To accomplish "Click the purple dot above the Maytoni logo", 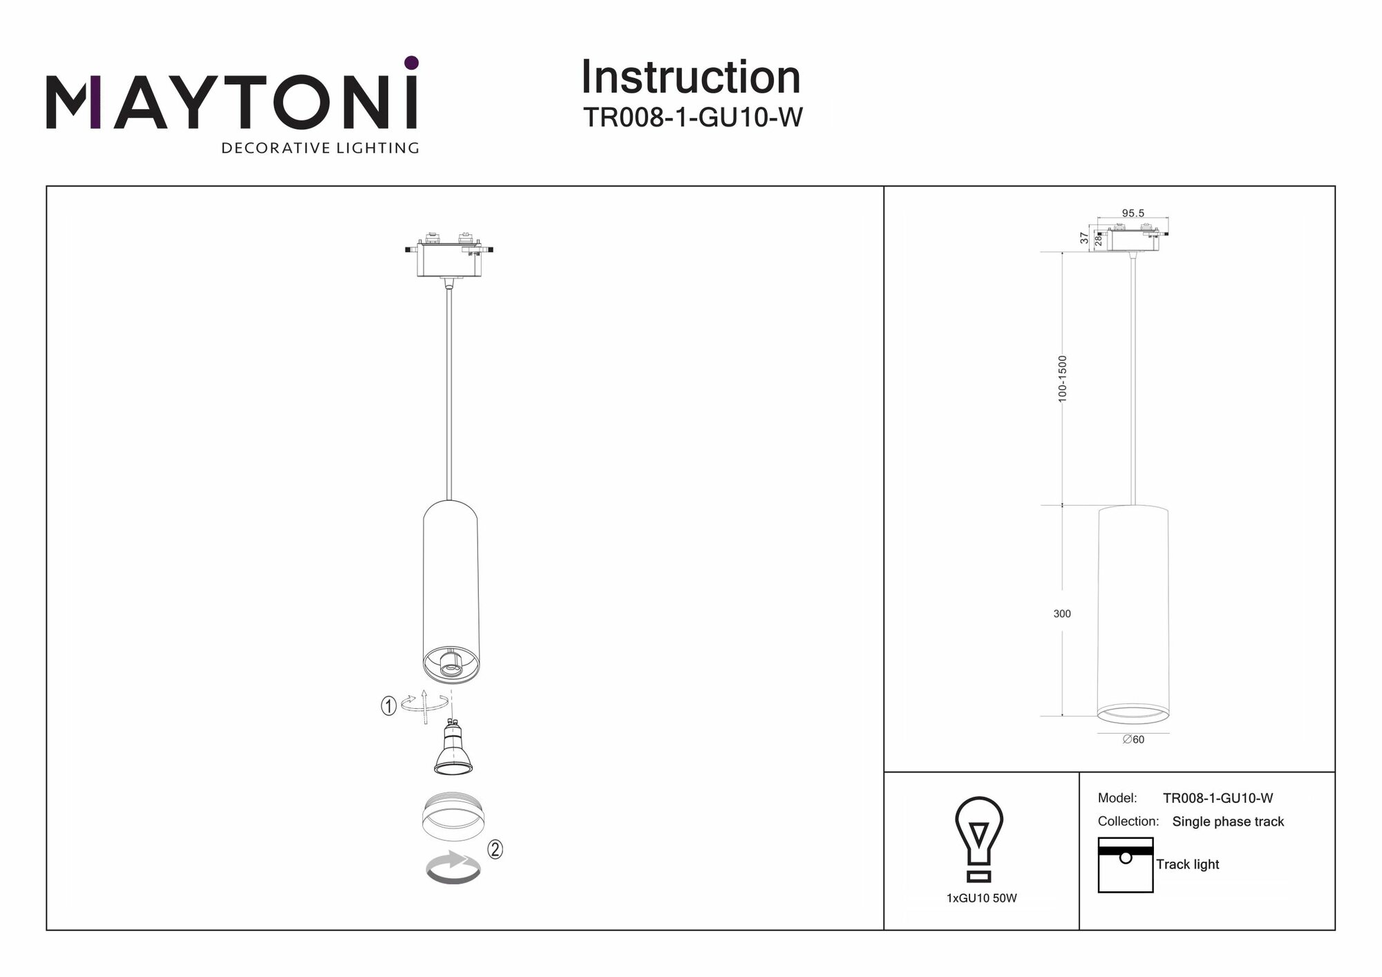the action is coord(411,63).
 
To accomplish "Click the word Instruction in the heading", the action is coord(690,77).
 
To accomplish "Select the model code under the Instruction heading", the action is coord(692,117).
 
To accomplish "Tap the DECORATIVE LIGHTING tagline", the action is coord(320,148).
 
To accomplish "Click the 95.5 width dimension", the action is coord(1133,214).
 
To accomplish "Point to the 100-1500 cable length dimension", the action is coord(1063,379).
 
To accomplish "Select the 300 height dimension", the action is coord(1062,614).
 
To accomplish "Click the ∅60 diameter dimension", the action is coord(1133,739).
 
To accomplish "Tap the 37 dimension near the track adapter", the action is coord(1084,238).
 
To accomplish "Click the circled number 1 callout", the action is coord(389,706).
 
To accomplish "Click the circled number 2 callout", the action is coord(495,849).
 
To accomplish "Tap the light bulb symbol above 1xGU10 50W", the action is coord(978,839).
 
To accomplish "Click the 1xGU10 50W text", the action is coord(981,898).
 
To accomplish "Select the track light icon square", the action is coord(1125,864).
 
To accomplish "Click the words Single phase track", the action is coord(1228,822).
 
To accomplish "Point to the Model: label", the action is coord(1117,798).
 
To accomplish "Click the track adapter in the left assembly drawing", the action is coord(449,257).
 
